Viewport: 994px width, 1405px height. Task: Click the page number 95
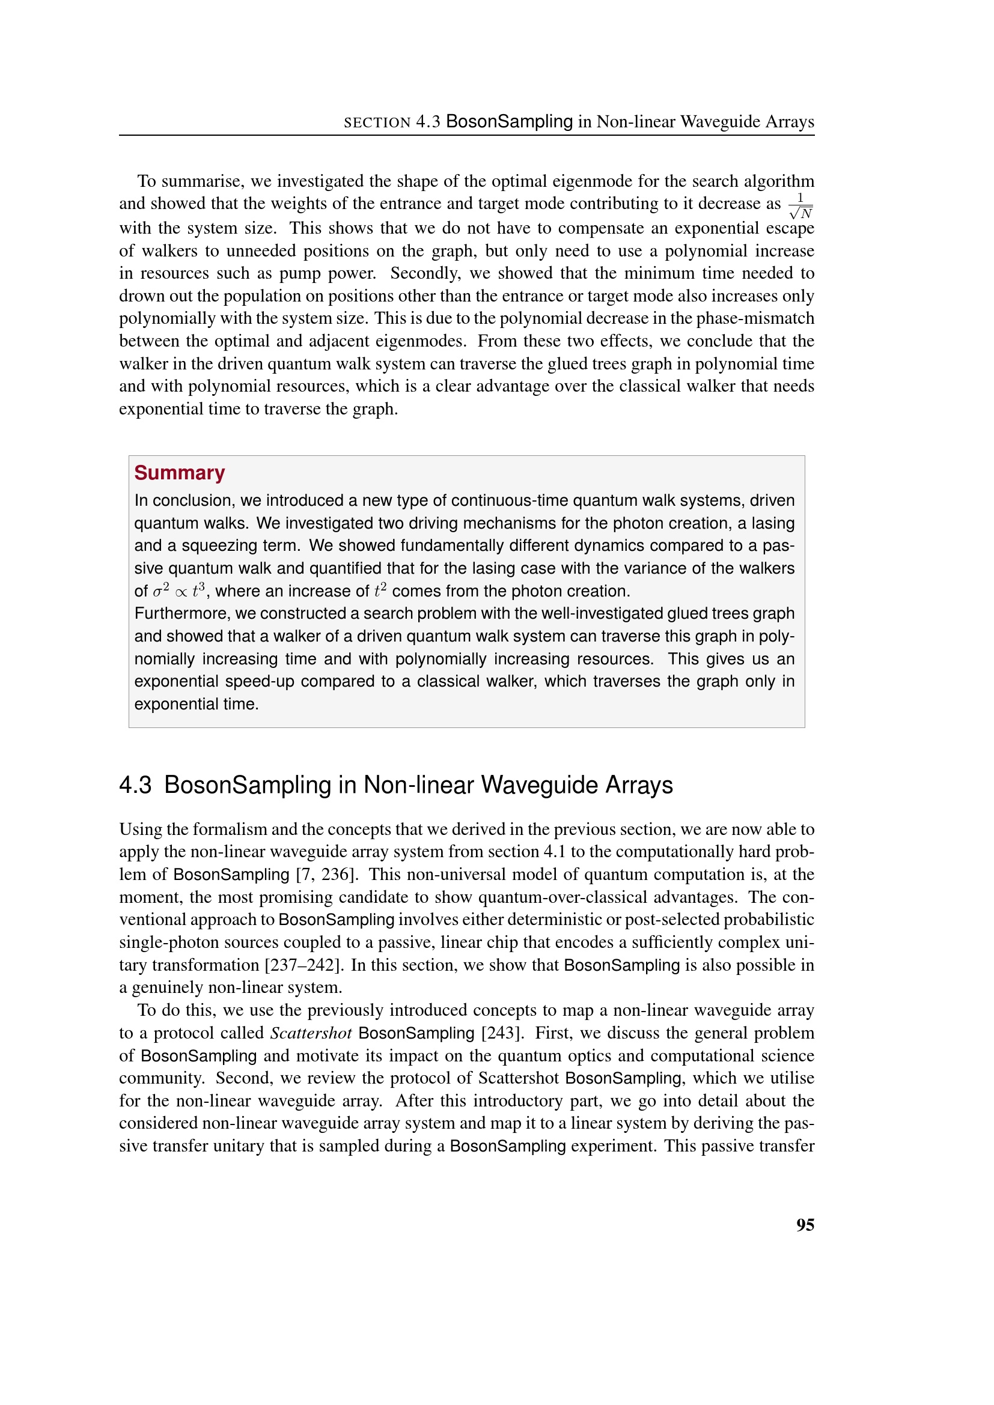(x=805, y=1224)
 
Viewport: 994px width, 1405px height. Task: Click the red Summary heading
(x=179, y=473)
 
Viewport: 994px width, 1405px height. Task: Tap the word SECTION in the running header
(x=377, y=123)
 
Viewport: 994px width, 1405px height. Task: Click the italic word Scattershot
(x=311, y=1033)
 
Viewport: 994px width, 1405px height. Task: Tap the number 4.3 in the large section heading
(x=135, y=785)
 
